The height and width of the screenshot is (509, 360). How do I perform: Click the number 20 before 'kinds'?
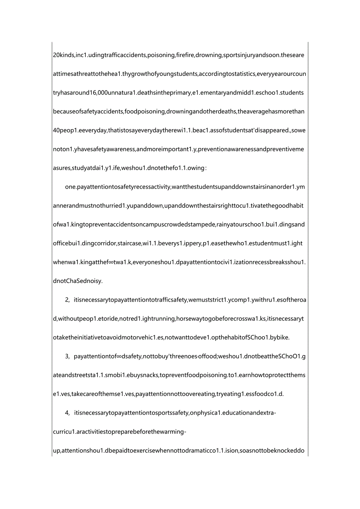click(x=56, y=55)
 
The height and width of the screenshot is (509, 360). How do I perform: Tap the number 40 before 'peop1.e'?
click(x=56, y=130)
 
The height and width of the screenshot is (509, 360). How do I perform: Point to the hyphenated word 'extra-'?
click(x=266, y=413)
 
